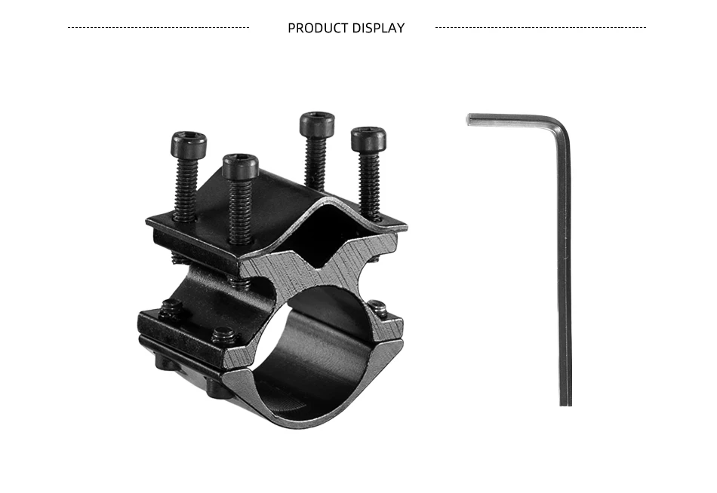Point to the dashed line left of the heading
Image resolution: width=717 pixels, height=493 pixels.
(x=158, y=27)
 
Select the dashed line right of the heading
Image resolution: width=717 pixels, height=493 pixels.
(x=540, y=27)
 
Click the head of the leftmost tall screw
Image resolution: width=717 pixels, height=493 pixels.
(x=189, y=143)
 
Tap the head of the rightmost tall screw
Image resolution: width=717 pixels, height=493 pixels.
(x=368, y=139)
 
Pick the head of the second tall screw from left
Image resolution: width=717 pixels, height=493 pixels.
(x=241, y=167)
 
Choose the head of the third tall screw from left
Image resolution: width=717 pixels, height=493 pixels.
(x=317, y=124)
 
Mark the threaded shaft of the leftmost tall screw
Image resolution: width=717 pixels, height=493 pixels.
(x=186, y=188)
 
